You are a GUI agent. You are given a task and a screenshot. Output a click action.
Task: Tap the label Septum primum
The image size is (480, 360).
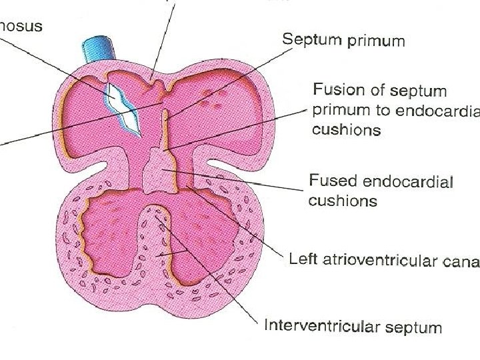(343, 41)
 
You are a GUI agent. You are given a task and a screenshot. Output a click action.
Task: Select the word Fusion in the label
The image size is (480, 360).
(338, 91)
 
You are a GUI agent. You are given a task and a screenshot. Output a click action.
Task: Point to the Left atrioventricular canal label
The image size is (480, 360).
(383, 260)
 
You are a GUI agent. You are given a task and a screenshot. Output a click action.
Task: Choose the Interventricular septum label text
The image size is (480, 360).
(353, 327)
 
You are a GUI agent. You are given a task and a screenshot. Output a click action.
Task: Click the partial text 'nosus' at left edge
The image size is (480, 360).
(21, 27)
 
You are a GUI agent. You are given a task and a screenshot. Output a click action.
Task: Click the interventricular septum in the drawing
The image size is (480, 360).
(157, 240)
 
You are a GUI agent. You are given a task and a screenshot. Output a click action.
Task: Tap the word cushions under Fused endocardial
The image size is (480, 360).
(343, 200)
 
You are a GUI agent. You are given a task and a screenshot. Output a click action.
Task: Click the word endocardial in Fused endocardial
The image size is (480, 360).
(403, 181)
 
